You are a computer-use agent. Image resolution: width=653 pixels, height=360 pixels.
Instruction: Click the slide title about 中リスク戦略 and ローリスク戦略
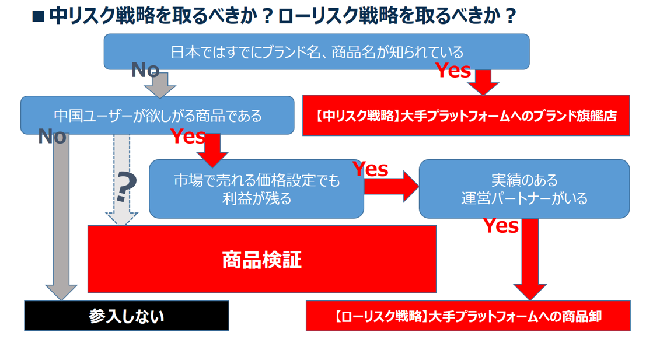coord(274,16)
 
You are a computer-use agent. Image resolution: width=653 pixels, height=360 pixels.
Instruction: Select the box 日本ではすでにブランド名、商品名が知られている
coord(316,51)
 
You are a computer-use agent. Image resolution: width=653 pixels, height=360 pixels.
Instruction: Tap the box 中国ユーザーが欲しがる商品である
coord(157,115)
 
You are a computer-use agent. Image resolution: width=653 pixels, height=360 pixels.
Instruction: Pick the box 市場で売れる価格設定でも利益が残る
coord(256,189)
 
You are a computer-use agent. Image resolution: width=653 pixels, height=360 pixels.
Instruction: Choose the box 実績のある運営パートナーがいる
coord(524,189)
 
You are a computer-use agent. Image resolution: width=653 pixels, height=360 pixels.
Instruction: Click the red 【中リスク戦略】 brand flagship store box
coord(466,115)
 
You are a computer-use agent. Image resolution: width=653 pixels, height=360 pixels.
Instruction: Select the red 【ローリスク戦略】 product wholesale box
coord(468,316)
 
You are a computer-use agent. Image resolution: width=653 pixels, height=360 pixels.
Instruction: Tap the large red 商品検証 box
coord(261,259)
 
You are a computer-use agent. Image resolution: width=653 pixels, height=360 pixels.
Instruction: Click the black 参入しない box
coord(127,316)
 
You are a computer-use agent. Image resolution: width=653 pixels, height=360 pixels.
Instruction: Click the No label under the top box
coord(145,71)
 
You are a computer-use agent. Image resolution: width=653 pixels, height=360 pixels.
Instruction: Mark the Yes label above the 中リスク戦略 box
coord(453,71)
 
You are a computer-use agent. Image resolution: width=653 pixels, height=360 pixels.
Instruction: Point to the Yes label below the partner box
coord(501,226)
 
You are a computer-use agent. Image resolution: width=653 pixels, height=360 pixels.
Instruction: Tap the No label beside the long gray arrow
coord(52,137)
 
